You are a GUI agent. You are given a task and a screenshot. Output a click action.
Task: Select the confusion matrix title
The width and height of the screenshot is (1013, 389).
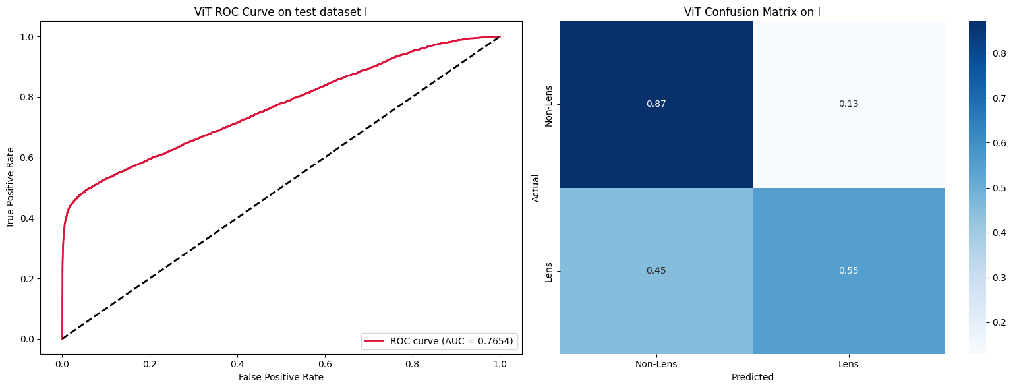752,11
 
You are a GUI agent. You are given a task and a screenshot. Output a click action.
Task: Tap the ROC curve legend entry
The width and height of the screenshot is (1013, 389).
439,341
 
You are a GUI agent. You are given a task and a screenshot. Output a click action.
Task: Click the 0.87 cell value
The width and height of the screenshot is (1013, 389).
656,104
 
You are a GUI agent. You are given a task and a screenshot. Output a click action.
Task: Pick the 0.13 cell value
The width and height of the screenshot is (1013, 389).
848,104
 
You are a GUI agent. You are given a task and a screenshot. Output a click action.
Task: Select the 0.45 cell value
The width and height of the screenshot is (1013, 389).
656,270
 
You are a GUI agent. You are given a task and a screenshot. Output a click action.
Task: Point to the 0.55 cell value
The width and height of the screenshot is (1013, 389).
848,270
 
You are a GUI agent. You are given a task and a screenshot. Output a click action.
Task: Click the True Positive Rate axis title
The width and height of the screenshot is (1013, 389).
11,188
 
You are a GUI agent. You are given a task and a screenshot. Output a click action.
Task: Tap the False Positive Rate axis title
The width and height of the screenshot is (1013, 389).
281,377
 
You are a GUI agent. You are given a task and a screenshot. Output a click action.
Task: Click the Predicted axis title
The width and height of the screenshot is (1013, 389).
752,377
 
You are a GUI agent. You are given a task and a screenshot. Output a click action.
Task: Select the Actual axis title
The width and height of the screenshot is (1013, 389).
535,188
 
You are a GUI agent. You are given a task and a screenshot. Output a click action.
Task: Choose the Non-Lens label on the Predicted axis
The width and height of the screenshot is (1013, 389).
656,363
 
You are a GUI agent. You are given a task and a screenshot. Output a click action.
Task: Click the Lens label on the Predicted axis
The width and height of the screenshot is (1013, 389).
848,363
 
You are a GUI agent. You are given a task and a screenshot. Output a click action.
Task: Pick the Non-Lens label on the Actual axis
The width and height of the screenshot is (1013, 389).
548,104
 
